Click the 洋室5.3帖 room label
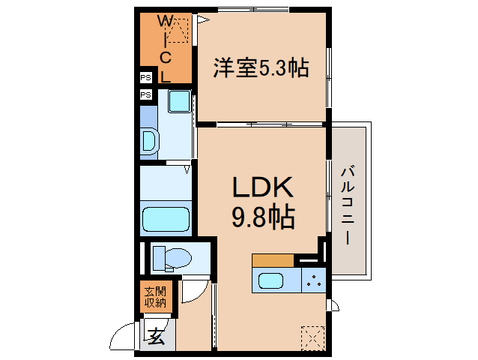(x=261, y=68)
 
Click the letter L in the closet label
(x=166, y=75)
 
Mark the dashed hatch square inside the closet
(x=178, y=33)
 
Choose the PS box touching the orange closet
(x=145, y=77)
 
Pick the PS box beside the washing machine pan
(x=145, y=94)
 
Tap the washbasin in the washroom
(x=150, y=140)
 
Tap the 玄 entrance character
(x=156, y=337)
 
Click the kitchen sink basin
(x=270, y=281)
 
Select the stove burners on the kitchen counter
(x=314, y=281)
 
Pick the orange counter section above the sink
(x=273, y=260)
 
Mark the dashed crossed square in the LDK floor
(x=312, y=337)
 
